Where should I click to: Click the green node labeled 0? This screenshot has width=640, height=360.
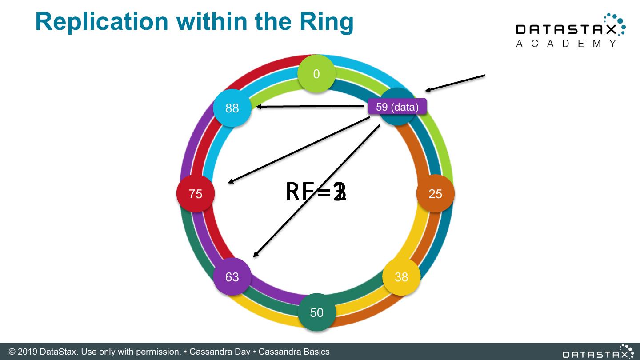(x=316, y=74)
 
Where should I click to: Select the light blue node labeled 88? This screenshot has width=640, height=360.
(x=232, y=108)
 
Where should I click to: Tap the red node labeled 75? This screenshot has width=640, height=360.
(x=196, y=194)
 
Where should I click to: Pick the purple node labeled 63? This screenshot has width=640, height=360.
(x=232, y=277)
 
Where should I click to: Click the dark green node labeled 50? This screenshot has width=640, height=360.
(x=316, y=312)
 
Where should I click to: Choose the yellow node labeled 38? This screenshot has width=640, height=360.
(x=401, y=277)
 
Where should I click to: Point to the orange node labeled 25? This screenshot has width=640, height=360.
(x=435, y=194)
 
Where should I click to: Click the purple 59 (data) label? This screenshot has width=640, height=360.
(x=397, y=107)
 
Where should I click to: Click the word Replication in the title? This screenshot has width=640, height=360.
(x=102, y=21)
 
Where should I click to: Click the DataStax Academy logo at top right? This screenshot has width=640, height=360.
(x=571, y=30)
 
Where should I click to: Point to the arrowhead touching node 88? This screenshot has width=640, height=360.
(x=259, y=107)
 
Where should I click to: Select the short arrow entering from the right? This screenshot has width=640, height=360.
(x=454, y=83)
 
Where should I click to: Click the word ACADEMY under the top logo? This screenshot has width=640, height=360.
(x=567, y=44)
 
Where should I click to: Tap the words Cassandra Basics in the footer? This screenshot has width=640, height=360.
(x=294, y=352)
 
